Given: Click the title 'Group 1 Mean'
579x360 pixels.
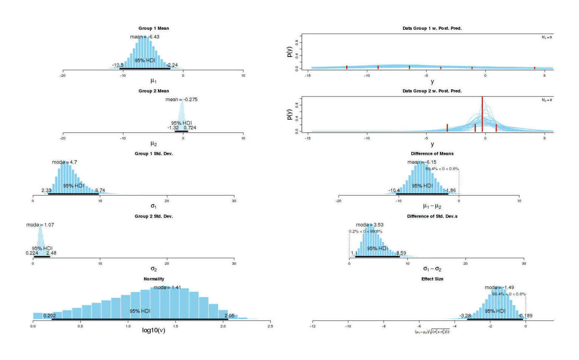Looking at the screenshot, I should pyautogui.click(x=153, y=28).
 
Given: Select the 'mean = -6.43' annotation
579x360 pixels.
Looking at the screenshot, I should pyautogui.click(x=144, y=37).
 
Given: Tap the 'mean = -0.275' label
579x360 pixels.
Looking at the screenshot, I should pyautogui.click(x=181, y=100).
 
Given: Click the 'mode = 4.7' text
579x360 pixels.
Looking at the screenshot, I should pyautogui.click(x=64, y=162).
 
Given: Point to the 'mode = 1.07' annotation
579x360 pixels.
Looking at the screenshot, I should pyautogui.click(x=40, y=225).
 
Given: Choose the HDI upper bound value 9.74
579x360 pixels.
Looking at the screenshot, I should pyautogui.click(x=100, y=190).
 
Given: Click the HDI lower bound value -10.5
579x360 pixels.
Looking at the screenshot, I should pyautogui.click(x=118, y=65).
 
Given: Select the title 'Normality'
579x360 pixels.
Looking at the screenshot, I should pyautogui.click(x=154, y=279).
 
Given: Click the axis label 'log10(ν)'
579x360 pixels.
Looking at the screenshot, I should pyautogui.click(x=153, y=331).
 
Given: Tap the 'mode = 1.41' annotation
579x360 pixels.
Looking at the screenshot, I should pyautogui.click(x=167, y=287).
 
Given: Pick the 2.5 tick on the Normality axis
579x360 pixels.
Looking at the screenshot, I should pyautogui.click(x=270, y=326).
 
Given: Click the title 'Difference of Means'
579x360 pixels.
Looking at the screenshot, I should pyautogui.click(x=432, y=153).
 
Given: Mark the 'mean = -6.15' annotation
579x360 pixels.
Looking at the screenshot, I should pyautogui.click(x=422, y=162).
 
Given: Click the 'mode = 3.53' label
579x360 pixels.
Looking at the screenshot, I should pyautogui.click(x=369, y=225).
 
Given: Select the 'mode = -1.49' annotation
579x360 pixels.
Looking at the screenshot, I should pyautogui.click(x=499, y=287).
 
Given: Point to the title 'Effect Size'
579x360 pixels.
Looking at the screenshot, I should pyautogui.click(x=432, y=279).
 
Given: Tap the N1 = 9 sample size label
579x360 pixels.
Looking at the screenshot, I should pyautogui.click(x=547, y=37).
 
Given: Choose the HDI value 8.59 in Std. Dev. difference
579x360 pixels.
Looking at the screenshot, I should pyautogui.click(x=401, y=253).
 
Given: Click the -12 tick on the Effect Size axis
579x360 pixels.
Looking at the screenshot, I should pyautogui.click(x=312, y=326).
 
